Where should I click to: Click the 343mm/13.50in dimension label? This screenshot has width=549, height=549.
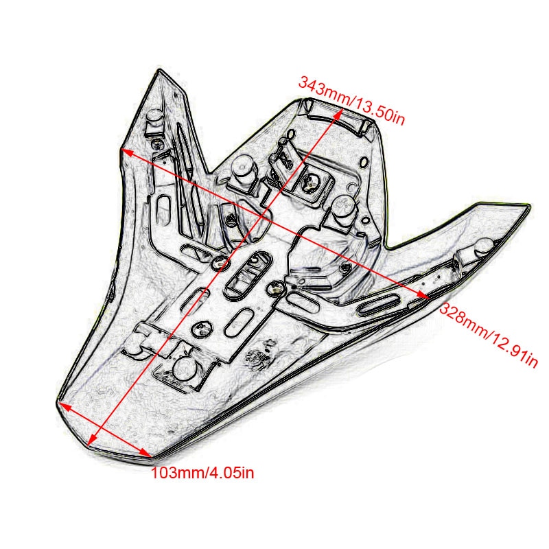pos(351,101)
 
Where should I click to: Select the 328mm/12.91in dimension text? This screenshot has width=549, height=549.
pos(488,336)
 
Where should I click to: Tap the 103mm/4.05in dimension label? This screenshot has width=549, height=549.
pos(202,474)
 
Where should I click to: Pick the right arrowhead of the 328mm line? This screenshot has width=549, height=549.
pos(423,295)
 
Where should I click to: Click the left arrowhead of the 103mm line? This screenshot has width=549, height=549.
pos(64,406)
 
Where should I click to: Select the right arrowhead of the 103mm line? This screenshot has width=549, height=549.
pos(146,454)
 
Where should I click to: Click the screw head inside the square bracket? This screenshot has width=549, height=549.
pos(310,182)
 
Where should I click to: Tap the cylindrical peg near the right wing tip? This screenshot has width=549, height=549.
pos(482,246)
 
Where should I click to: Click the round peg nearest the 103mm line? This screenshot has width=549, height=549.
pos(184,369)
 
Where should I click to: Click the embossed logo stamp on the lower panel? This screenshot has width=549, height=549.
pos(260,356)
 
